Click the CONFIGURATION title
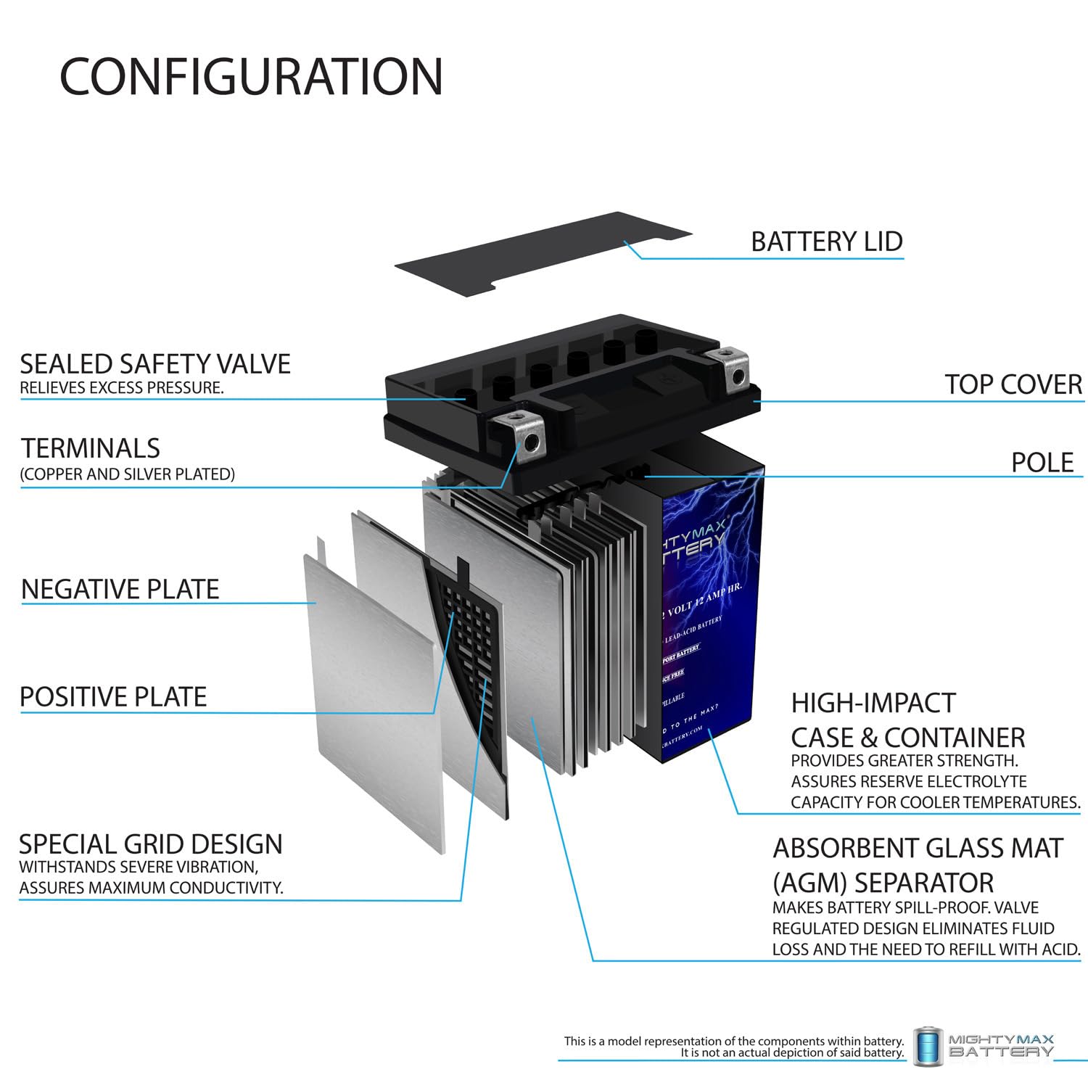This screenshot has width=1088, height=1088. click(x=251, y=77)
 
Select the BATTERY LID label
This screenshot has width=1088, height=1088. click(x=826, y=242)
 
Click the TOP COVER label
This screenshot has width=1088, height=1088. click(x=1013, y=384)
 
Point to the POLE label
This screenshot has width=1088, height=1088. click(x=1042, y=463)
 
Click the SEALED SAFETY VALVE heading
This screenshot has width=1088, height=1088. click(x=155, y=364)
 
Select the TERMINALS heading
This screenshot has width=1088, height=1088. click(x=91, y=448)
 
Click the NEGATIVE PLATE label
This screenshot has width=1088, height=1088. click(x=120, y=589)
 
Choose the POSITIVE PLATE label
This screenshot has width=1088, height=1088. click(x=113, y=697)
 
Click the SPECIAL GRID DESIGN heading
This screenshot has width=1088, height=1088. click(x=151, y=844)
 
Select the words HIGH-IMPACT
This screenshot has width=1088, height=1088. click(x=873, y=703)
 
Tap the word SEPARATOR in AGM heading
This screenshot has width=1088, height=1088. click(x=924, y=883)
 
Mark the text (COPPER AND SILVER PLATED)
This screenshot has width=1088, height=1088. click(x=128, y=474)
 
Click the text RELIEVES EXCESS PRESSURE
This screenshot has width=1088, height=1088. click(x=122, y=388)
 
